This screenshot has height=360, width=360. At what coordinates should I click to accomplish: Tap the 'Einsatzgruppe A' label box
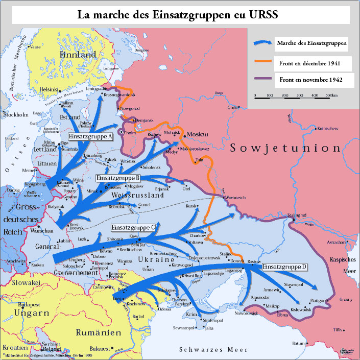click(x=90, y=136)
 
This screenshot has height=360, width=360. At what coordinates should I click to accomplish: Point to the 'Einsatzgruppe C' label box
click(x=133, y=227)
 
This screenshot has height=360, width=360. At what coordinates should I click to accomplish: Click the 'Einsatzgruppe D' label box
click(x=284, y=267)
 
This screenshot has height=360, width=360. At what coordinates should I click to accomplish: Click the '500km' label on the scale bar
click(x=332, y=95)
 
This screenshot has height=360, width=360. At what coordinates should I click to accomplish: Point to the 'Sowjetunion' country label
click(x=285, y=148)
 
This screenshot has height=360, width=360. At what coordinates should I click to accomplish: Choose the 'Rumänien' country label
click(x=98, y=332)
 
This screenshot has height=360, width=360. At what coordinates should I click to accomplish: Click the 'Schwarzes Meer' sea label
click(x=213, y=350)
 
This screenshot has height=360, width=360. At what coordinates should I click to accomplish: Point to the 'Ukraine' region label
click(x=155, y=260)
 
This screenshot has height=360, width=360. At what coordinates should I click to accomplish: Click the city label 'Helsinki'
click(x=49, y=89)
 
